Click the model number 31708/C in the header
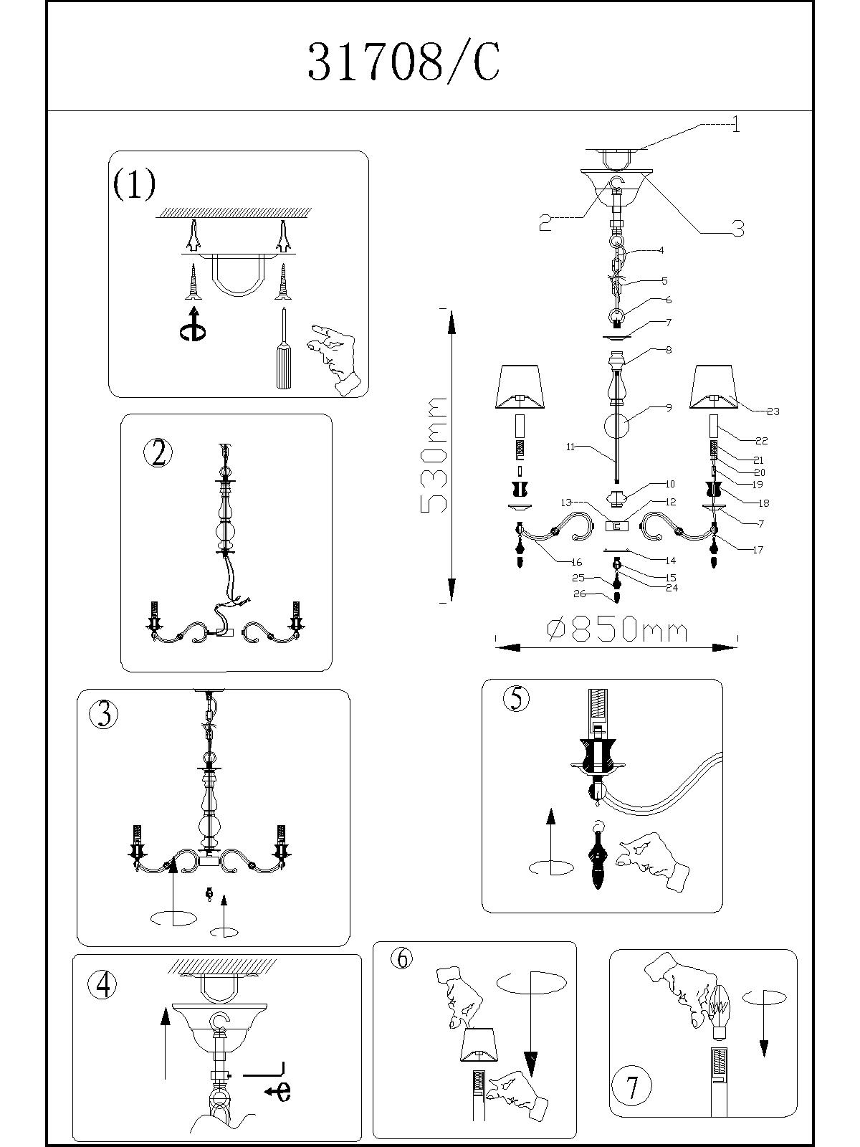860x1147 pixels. coord(403,62)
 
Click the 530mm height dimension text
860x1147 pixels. coord(434,455)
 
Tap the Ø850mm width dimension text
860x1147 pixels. coord(616,630)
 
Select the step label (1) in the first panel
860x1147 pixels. coord(134,184)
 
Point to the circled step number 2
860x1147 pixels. coord(158,453)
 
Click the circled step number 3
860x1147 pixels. coord(105,714)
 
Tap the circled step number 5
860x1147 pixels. coord(517,698)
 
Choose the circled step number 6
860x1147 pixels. coord(403,958)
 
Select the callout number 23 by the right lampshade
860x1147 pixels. coord(773,411)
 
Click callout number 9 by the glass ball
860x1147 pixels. coord(668,408)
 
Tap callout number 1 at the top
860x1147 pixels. coord(735,126)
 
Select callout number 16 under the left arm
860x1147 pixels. coord(576,563)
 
